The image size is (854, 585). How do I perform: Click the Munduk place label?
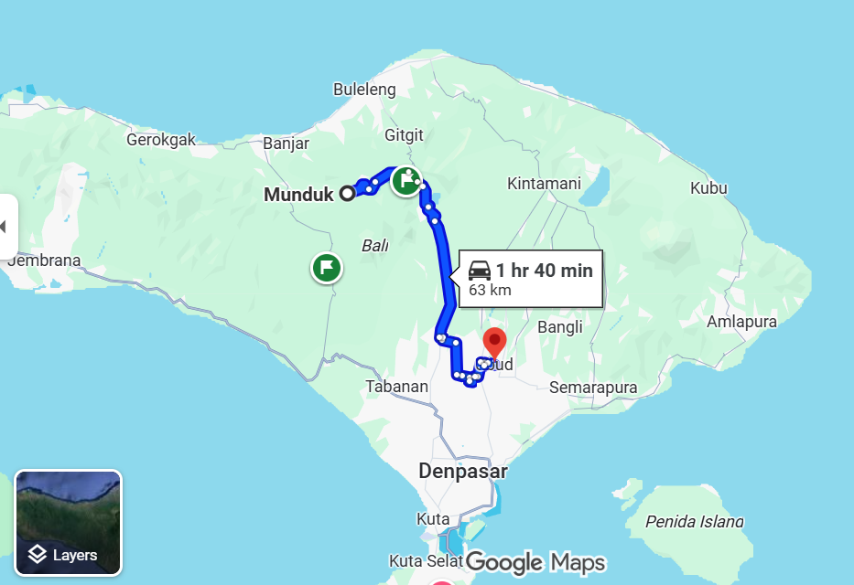point(298,195)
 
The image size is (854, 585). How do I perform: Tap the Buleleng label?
point(364,90)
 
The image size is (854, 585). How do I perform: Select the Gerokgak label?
point(161,141)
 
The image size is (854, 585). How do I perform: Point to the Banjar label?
point(286,144)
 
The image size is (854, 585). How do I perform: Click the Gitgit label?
point(404,135)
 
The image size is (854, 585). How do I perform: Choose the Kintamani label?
point(544,184)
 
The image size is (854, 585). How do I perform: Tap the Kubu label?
point(708,188)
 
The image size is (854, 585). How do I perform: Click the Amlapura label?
point(741,322)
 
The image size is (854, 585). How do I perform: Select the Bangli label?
point(560,326)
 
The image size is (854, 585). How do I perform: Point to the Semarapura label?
point(592,388)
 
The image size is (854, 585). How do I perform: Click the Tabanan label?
point(396,387)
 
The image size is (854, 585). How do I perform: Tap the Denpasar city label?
point(463,473)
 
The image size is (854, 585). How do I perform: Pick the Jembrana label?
point(43,261)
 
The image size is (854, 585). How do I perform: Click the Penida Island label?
point(694,522)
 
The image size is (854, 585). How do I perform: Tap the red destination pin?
point(494,342)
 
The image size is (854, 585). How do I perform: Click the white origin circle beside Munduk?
point(347,193)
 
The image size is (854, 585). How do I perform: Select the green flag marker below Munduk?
point(327,269)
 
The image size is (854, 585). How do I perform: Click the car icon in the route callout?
point(480,271)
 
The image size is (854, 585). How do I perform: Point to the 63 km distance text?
point(490,291)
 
